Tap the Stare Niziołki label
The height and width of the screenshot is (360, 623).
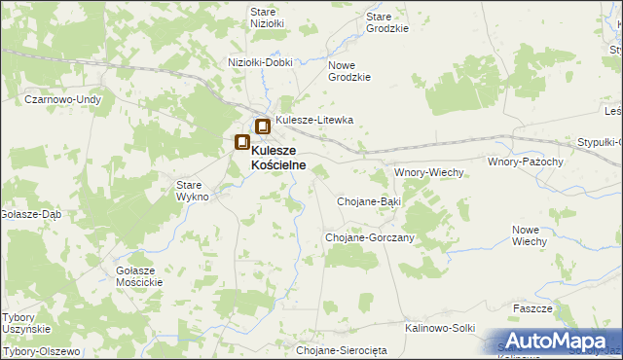(x=267, y=18)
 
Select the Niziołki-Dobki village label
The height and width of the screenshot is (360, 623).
(x=260, y=61)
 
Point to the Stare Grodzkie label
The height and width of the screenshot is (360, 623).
(x=386, y=22)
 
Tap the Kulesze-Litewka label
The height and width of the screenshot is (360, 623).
(x=313, y=120)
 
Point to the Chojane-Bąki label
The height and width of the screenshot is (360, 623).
(x=369, y=200)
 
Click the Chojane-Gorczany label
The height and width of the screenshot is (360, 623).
(x=369, y=237)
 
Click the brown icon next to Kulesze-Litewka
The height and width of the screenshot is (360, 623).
(x=263, y=126)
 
